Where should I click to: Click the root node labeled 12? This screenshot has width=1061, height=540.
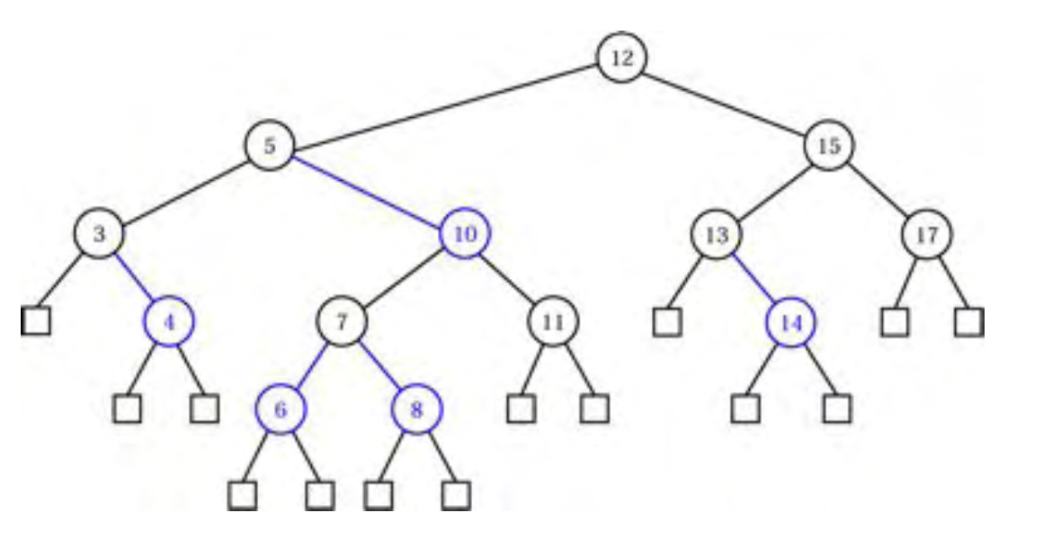click(x=621, y=58)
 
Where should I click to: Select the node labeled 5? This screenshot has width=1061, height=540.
click(x=269, y=146)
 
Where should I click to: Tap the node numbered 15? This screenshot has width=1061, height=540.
click(x=828, y=146)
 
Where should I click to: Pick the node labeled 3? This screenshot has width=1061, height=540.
click(x=99, y=234)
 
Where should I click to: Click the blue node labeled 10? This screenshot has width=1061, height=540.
click(x=465, y=234)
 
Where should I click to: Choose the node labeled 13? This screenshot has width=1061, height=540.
click(x=716, y=234)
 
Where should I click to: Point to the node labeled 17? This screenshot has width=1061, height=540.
click(x=926, y=234)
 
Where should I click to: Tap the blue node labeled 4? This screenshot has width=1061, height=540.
click(x=170, y=321)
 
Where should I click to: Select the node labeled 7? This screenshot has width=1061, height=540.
click(x=341, y=321)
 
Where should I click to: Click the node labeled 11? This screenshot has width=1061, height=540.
click(x=553, y=321)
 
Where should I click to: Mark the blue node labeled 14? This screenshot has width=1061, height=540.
click(x=790, y=321)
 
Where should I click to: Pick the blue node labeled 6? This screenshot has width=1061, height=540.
click(x=281, y=409)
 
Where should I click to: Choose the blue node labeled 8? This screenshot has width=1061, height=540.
click(x=416, y=409)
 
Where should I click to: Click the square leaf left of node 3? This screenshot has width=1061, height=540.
click(x=36, y=320)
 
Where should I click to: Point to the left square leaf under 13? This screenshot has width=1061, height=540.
click(x=666, y=321)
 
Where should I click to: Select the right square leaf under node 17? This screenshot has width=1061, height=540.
click(x=968, y=321)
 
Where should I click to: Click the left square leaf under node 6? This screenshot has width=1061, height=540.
click(x=243, y=494)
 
